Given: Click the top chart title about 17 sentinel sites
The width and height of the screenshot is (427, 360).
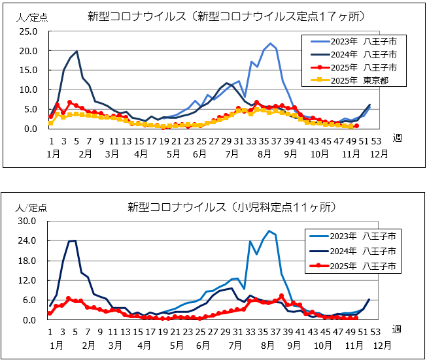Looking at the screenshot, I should click(226, 16).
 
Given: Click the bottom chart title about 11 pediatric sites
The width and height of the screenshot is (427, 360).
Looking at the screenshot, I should click(232, 207).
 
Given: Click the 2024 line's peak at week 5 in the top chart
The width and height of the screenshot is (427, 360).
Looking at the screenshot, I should click(77, 51).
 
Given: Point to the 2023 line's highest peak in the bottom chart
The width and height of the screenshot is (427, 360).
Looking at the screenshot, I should click(269, 231).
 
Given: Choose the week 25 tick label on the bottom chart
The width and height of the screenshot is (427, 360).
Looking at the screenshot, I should click(202, 331).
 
